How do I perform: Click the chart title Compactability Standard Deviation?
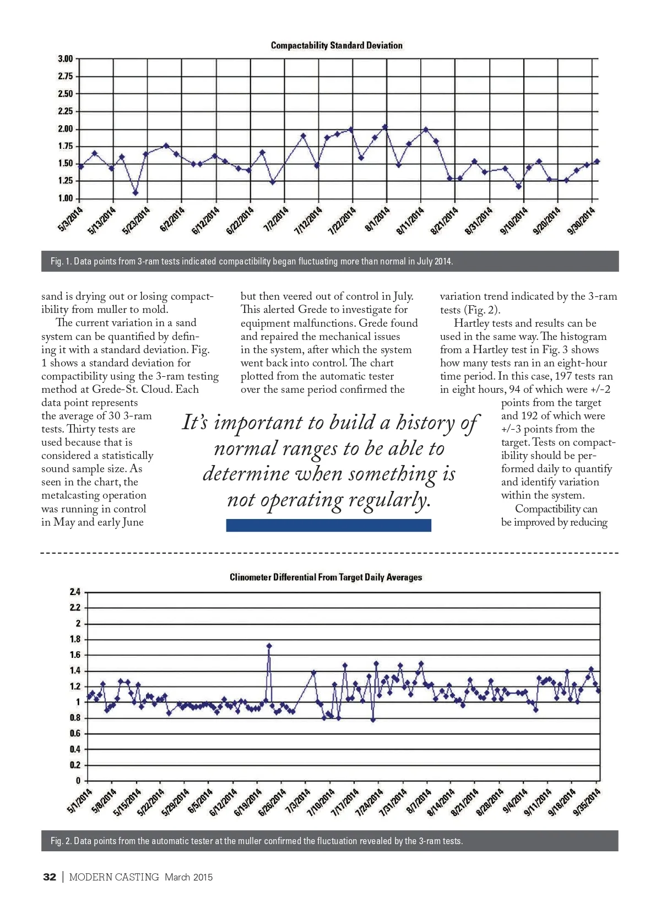[337, 45]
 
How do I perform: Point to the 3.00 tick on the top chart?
[65, 59]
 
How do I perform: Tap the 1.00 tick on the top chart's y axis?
[65, 198]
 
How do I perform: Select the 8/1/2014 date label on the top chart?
[378, 219]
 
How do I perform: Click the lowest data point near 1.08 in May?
[136, 193]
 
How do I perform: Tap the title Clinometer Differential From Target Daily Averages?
[326, 577]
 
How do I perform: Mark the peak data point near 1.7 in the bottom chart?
[269, 646]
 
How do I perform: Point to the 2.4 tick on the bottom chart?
[75, 592]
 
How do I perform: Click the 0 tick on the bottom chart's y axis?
[78, 781]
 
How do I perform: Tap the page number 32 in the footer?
[50, 877]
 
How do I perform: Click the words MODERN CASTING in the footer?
[114, 877]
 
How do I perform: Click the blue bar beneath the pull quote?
[328, 525]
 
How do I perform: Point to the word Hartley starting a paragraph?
[471, 323]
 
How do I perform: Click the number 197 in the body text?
[564, 376]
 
